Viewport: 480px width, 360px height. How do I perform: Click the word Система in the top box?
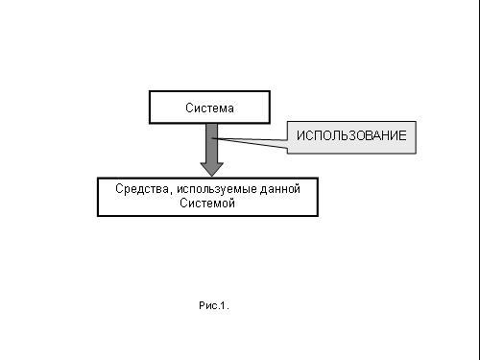pyautogui.click(x=209, y=108)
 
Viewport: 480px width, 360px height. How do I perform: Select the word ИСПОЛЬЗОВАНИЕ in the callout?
pyautogui.click(x=351, y=135)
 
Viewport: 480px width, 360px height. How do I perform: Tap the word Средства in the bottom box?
pyautogui.click(x=142, y=189)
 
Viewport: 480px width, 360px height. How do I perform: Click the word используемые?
pyautogui.click(x=217, y=189)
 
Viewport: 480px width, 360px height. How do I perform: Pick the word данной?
pyautogui.click(x=280, y=189)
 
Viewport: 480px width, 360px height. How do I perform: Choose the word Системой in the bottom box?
pyautogui.click(x=207, y=203)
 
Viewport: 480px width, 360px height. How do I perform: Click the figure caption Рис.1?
pyautogui.click(x=214, y=305)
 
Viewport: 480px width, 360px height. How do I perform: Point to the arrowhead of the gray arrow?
pyautogui.click(x=211, y=169)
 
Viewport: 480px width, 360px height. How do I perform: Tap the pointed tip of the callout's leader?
pyautogui.click(x=212, y=138)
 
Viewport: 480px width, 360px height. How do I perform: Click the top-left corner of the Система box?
pyautogui.click(x=150, y=91)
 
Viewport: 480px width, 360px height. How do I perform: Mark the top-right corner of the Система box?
pyautogui.click(x=270, y=91)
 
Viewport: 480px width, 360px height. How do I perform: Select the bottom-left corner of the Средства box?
pyautogui.click(x=98, y=216)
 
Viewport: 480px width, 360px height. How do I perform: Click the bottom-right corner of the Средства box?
pyautogui.click(x=318, y=216)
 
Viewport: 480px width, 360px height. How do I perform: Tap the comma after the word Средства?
pyautogui.click(x=170, y=193)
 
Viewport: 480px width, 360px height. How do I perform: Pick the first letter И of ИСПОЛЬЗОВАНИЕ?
pyautogui.click(x=300, y=135)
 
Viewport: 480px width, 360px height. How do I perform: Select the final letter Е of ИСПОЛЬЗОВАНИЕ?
pyautogui.click(x=403, y=135)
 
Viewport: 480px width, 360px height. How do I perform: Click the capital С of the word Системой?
pyautogui.click(x=183, y=203)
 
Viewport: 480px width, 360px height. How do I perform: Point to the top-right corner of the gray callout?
pyautogui.click(x=416, y=122)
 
